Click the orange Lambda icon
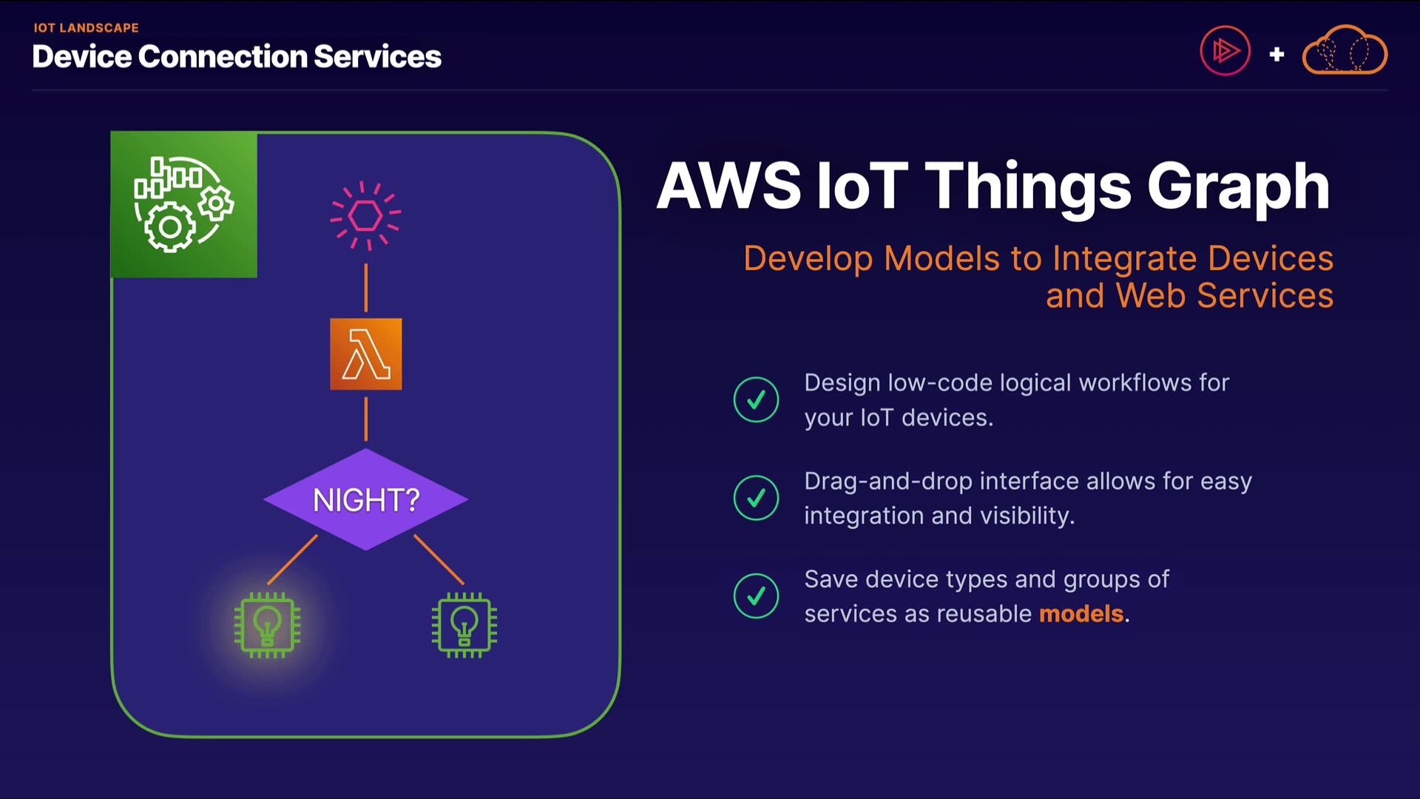(366, 354)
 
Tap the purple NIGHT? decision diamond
(366, 499)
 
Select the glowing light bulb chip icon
(268, 625)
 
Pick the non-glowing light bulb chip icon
(464, 625)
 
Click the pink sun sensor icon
(365, 215)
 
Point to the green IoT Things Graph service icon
(184, 205)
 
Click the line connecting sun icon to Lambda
(366, 288)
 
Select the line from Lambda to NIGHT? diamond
(366, 419)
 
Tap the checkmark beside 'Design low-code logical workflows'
(756, 399)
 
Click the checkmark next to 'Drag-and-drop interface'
(756, 498)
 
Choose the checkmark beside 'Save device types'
(756, 596)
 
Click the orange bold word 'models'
(1081, 614)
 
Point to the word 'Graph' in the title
(1238, 186)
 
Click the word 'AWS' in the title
(729, 186)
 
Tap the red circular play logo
(1225, 51)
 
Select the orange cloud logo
(1345, 51)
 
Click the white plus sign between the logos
(1277, 54)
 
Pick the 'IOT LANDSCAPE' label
(86, 28)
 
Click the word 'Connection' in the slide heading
(222, 57)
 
